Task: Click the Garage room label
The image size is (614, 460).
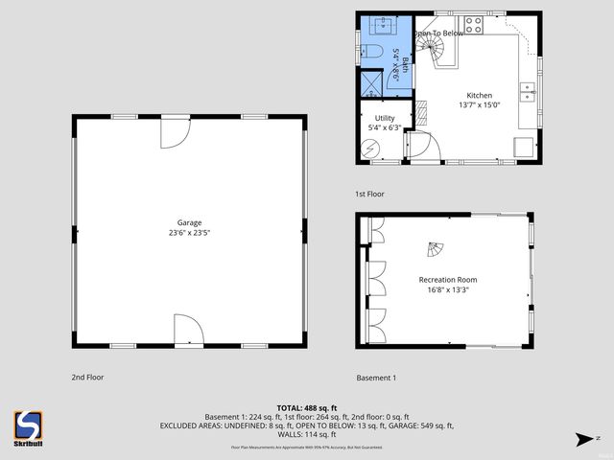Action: tap(189, 222)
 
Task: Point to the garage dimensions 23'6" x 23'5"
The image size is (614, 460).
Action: tap(189, 233)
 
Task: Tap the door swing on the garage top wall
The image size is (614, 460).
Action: tap(175, 132)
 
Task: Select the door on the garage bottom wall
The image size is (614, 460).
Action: tap(188, 331)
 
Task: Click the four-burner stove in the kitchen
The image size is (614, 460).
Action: tap(473, 24)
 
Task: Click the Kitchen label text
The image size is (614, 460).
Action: tap(479, 96)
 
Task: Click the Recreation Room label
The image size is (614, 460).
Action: tap(447, 280)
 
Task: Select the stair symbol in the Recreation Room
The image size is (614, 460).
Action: tap(436, 251)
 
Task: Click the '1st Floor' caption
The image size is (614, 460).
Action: tap(369, 195)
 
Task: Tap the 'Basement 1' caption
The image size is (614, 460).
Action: tap(376, 378)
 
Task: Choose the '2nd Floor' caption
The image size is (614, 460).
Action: tap(87, 378)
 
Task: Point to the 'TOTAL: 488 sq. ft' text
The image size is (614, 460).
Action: tap(306, 408)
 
